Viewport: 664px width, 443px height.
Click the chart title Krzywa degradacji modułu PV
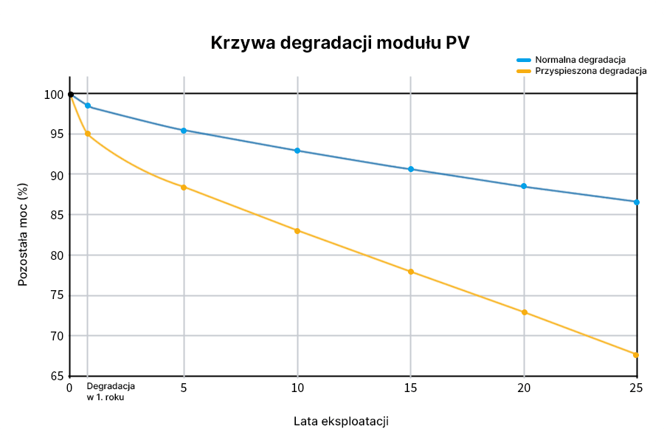pos(340,42)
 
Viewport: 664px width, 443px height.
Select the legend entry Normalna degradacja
pos(581,58)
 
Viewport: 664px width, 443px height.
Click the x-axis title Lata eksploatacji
pos(341,422)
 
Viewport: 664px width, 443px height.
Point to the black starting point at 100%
pos(70,95)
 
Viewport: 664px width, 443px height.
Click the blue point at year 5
pos(184,130)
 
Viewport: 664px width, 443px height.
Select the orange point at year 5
pos(184,187)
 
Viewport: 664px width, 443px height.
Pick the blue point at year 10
pos(297,151)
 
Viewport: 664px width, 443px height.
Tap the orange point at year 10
pos(297,230)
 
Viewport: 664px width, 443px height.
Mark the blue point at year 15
pos(411,169)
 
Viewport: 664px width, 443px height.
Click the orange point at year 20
pos(525,312)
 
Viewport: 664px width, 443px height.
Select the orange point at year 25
pos(636,354)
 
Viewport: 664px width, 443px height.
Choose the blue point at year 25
pos(636,202)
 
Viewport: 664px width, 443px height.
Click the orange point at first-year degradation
pos(88,134)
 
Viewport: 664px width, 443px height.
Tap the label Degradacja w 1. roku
pos(111,392)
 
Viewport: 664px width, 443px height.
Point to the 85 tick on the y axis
pos(56,215)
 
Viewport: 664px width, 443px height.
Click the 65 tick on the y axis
pos(56,376)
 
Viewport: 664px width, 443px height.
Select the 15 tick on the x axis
pos(411,388)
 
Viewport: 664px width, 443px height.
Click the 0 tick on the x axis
pos(69,388)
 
